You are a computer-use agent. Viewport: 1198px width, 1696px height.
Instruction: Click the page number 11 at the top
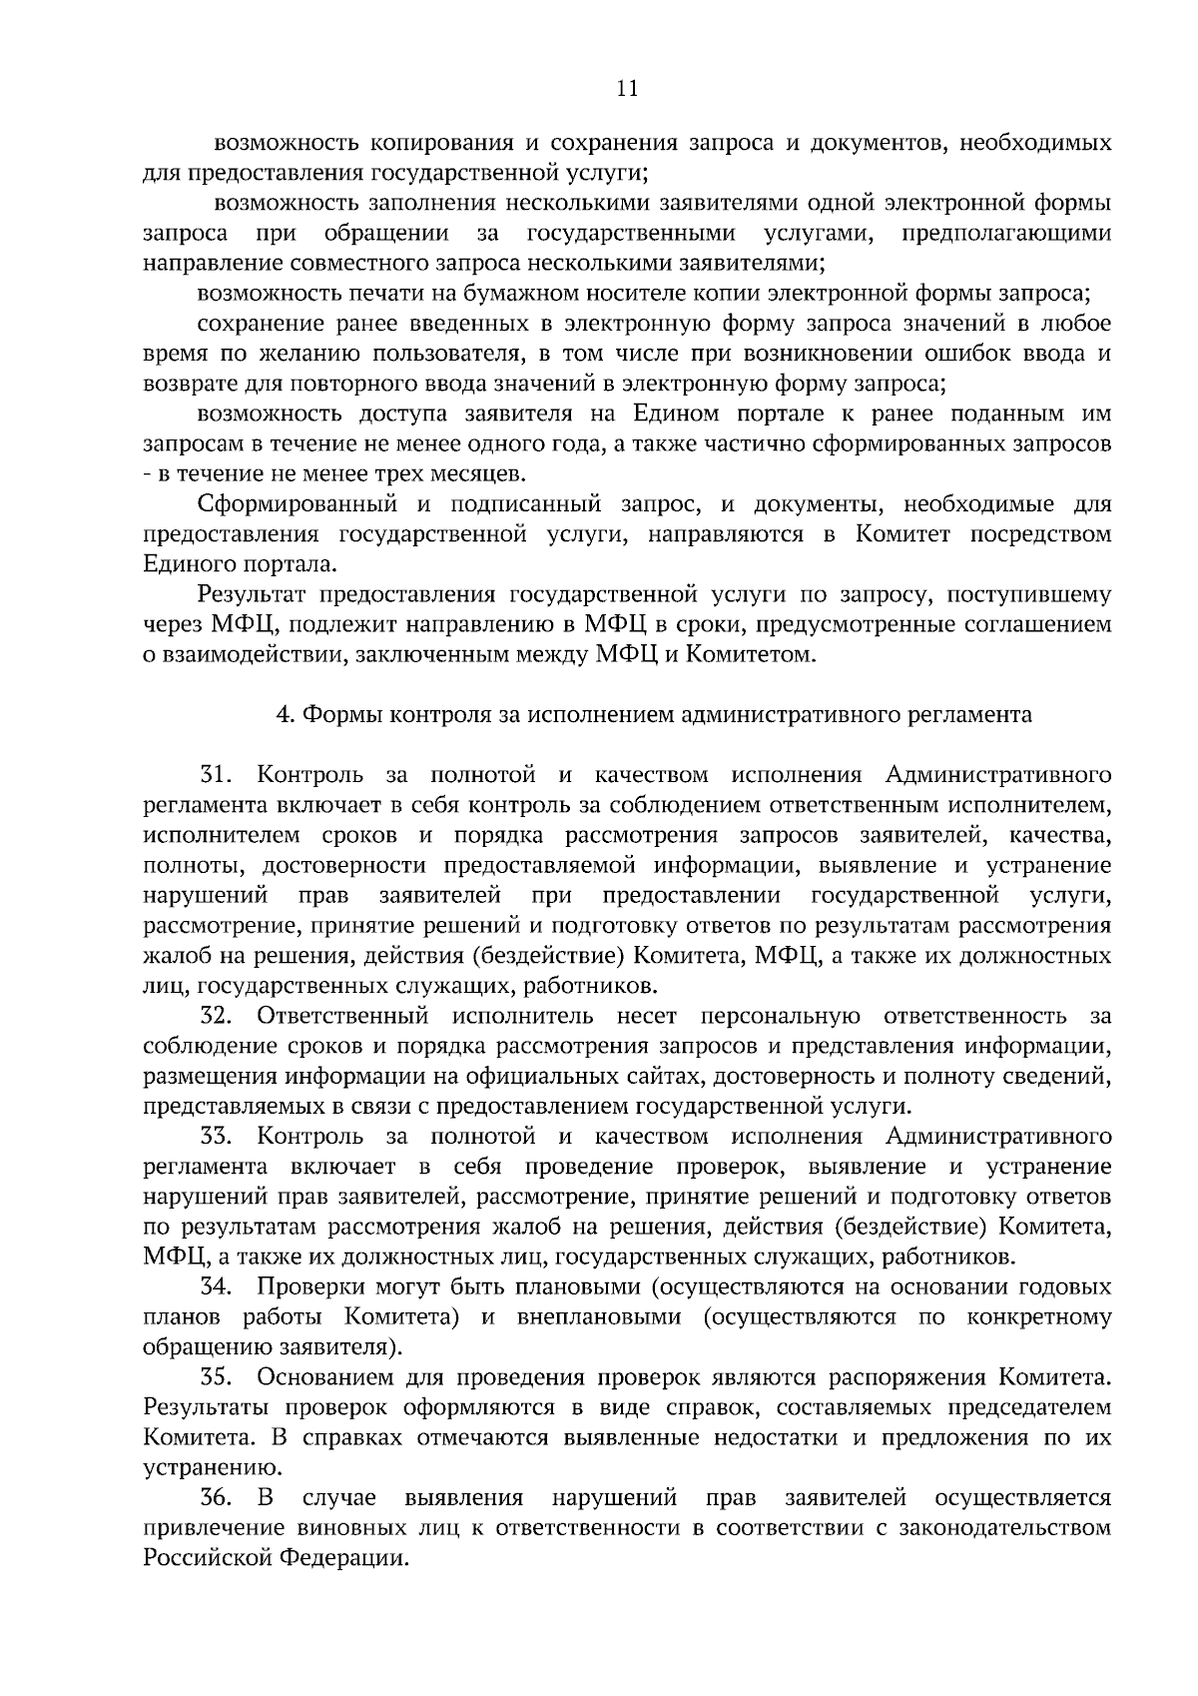[x=627, y=88]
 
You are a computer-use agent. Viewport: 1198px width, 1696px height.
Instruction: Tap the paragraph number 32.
[x=217, y=1016]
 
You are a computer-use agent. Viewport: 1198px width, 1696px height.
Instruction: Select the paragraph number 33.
[x=217, y=1137]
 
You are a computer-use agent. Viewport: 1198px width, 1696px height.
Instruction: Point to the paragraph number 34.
[x=217, y=1287]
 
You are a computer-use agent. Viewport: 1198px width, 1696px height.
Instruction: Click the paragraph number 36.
[x=217, y=1498]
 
